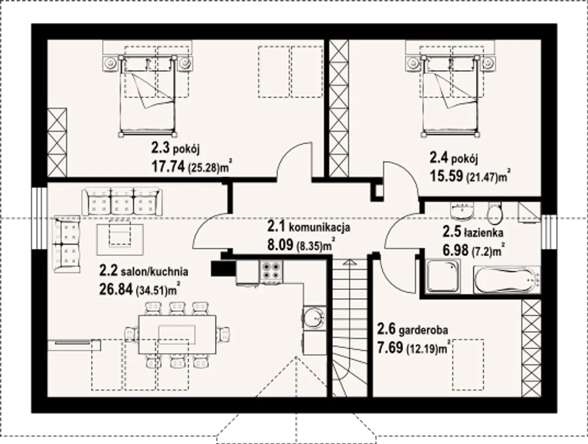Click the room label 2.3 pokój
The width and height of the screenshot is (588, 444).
click(x=175, y=148)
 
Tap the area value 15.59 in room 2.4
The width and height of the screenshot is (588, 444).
click(x=447, y=176)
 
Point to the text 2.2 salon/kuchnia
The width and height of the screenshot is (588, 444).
click(x=144, y=272)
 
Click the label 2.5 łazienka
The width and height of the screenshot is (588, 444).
click(x=473, y=232)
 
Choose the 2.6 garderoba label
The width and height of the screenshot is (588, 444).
click(x=413, y=330)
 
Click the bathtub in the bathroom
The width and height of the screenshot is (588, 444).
click(x=507, y=280)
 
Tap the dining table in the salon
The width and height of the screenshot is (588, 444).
click(x=177, y=335)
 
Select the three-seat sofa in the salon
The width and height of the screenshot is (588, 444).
click(x=122, y=202)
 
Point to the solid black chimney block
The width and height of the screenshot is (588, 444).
click(x=223, y=269)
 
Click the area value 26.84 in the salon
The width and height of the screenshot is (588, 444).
click(x=116, y=289)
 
